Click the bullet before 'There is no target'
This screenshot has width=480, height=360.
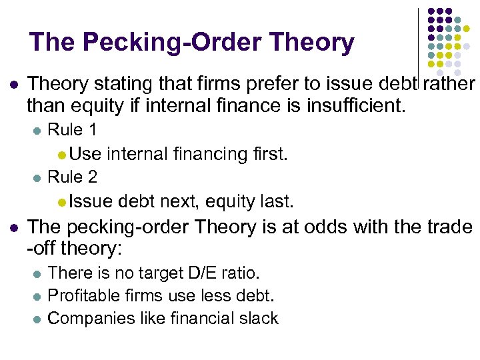[37, 274]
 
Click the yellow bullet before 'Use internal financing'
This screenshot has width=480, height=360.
[61, 155]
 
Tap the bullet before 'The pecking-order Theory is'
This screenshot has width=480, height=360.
[14, 227]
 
